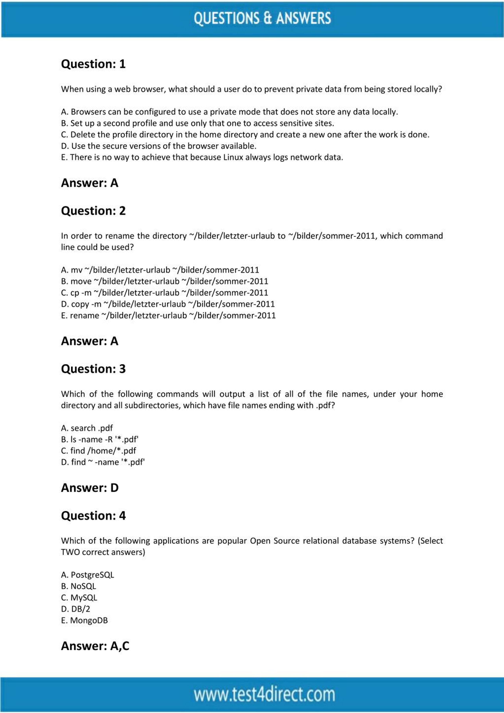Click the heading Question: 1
[x=93, y=64]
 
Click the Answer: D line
[x=90, y=488]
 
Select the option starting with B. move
[x=165, y=281]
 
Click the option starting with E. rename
[x=168, y=315]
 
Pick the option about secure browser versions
[x=159, y=146]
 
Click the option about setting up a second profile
[x=197, y=123]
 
